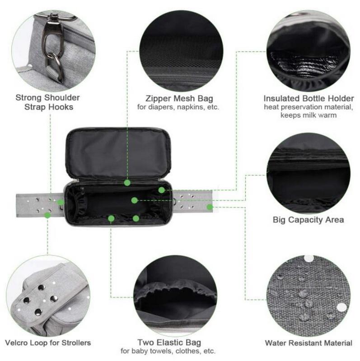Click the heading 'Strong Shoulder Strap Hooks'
pos(48,102)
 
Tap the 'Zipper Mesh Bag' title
pos(179,98)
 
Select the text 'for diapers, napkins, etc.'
pos(178,107)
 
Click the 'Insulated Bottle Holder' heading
pos(309,98)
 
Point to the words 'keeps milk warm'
pos(309,115)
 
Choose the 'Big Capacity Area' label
pos(309,220)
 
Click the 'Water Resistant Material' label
pos(309,343)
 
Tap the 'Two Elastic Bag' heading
pos(169,342)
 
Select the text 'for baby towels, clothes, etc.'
pos(168,351)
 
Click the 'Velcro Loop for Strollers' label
pos(48,343)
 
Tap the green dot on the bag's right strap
pos(210,207)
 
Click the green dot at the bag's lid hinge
pos(127,183)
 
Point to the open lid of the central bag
pos(118,153)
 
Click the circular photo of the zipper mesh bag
pos(181,51)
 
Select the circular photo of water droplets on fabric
pos(309,296)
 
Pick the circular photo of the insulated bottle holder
pos(309,51)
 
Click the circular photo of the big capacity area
pos(309,174)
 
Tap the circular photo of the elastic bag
pos(175,296)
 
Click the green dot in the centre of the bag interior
pos(134,200)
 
